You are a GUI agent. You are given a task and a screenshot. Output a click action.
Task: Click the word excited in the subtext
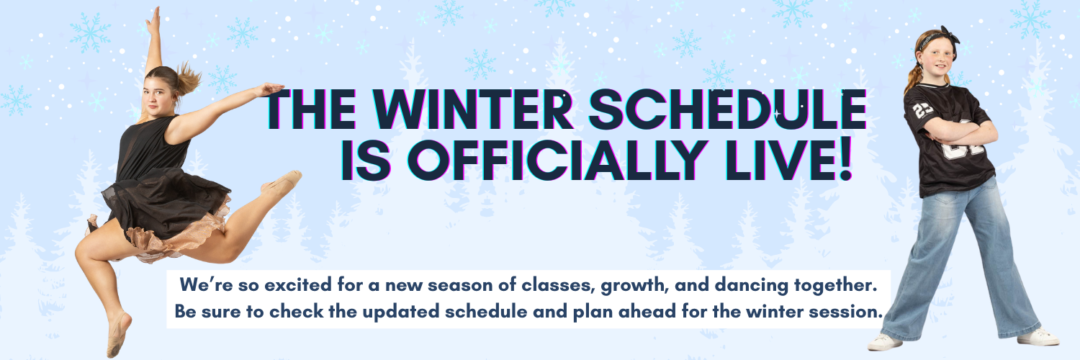pyautogui.click(x=300, y=286)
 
